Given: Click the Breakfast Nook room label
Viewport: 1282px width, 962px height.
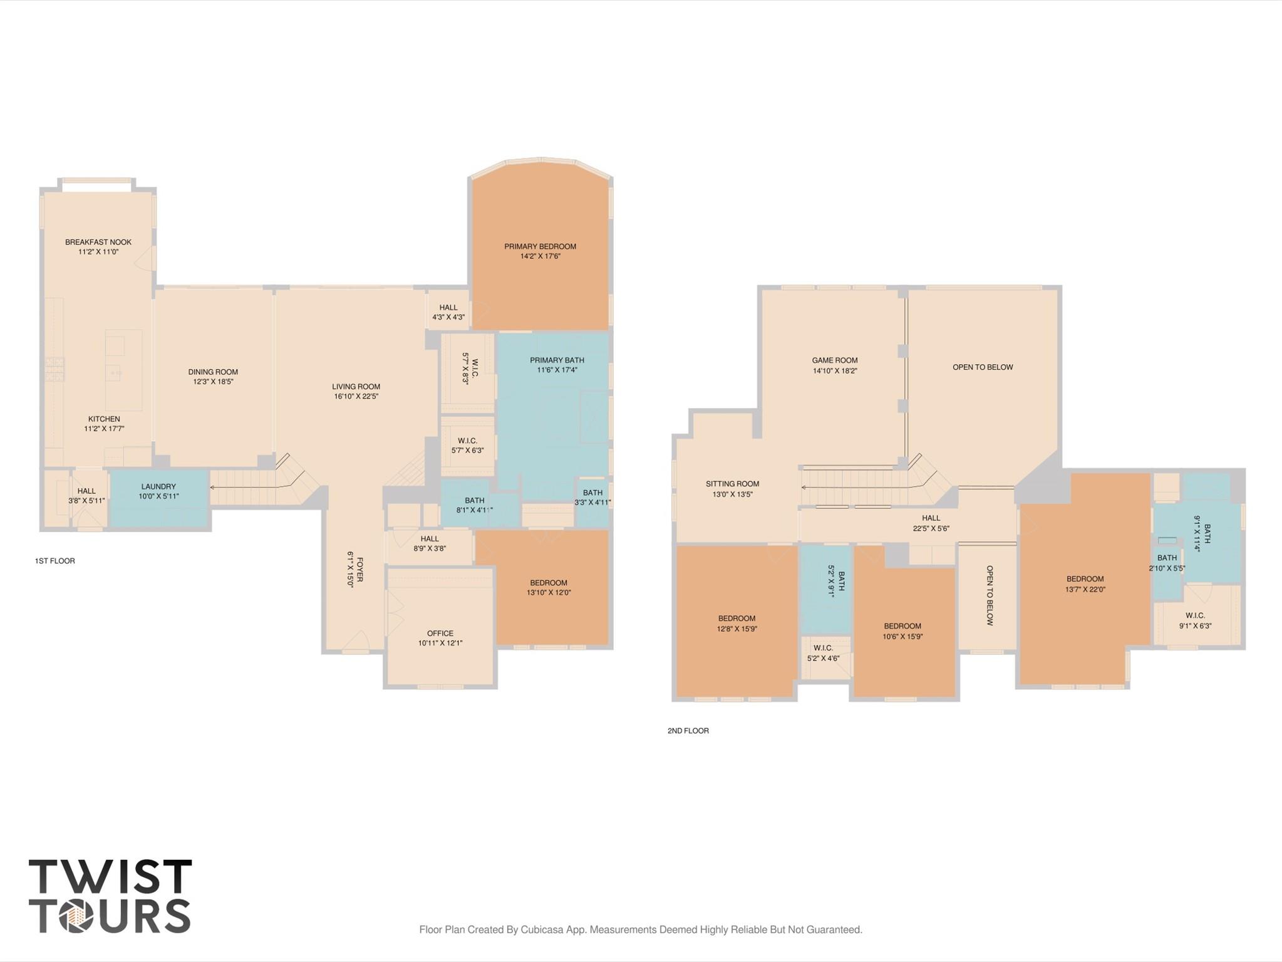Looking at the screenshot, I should coord(98,242).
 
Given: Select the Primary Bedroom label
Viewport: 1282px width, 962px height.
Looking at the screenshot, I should coord(540,246).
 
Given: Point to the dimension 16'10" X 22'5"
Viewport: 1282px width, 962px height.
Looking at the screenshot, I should coord(356,396).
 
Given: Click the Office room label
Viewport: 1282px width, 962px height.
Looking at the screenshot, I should coord(440,633).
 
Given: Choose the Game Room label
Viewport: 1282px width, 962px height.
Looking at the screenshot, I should coord(834,360).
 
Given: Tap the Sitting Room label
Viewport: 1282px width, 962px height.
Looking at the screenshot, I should coord(732,484).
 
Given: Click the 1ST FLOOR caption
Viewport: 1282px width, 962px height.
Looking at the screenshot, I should coord(55,561).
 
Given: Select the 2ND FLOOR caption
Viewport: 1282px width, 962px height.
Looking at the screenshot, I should coord(688,731).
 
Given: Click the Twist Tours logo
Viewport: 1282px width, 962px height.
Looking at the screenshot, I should coord(110,896).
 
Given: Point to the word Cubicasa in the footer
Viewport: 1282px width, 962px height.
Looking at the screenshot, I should coord(538,929).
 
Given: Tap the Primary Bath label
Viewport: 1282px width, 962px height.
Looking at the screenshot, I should coord(557,360).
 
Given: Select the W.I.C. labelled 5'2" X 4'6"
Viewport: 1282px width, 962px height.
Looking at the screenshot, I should coord(823,653).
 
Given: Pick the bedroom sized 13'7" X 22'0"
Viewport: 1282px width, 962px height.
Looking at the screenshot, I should coord(1085,584).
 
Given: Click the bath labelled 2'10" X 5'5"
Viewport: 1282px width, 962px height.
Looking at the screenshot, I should coord(1167,563).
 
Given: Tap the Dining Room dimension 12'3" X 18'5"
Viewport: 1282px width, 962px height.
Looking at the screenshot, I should coord(213,382).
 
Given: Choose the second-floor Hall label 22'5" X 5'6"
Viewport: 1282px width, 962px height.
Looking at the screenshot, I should coord(931,523).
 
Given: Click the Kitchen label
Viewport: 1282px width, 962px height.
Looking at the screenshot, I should coord(104,419).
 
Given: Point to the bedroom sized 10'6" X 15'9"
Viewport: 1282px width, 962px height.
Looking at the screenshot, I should coord(902,630).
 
